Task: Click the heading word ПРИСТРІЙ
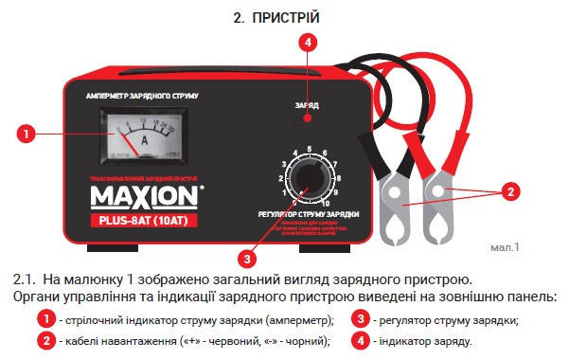pos(293,19)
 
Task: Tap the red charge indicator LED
pos(307,120)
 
